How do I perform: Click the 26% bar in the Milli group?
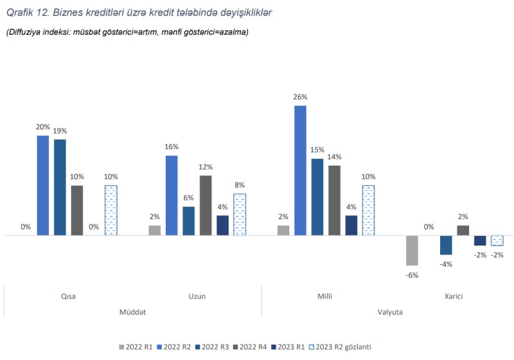pos(300,171)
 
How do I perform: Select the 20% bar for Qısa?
pos(42,186)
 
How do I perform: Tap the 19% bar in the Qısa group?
pos(60,188)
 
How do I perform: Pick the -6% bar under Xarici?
pos(412,251)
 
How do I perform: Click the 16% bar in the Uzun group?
pos(172,195)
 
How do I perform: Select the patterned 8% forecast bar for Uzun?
pos(240,215)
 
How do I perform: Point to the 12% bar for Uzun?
pos(206,206)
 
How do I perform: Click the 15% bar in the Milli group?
pos(317,197)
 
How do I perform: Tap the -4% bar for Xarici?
pos(446,246)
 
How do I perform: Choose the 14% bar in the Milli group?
pos(334,201)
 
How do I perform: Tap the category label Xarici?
pos(454,296)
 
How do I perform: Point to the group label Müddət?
pos(132,312)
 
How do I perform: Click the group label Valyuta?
pos(389,312)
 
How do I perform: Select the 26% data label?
pos(300,97)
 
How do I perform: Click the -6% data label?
pos(412,275)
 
